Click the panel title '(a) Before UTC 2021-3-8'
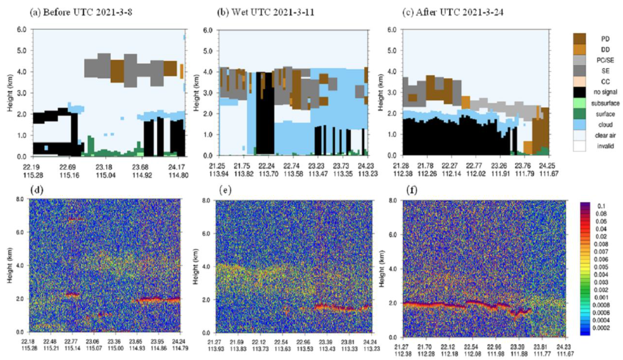pos(81,12)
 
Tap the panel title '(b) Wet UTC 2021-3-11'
pos(266,12)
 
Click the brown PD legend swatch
pos(579,39)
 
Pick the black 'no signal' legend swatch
pos(579,92)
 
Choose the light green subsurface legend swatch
pos(579,103)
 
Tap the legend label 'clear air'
pos(605,135)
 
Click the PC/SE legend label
pos(605,60)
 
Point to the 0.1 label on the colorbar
pos(601,206)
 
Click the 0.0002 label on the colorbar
pos(601,328)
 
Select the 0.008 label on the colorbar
pos(601,244)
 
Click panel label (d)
pos(37,190)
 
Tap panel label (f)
pos(412,190)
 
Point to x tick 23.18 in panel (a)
pos(104,167)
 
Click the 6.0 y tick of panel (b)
pos(208,30)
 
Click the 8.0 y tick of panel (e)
pos(207,201)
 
